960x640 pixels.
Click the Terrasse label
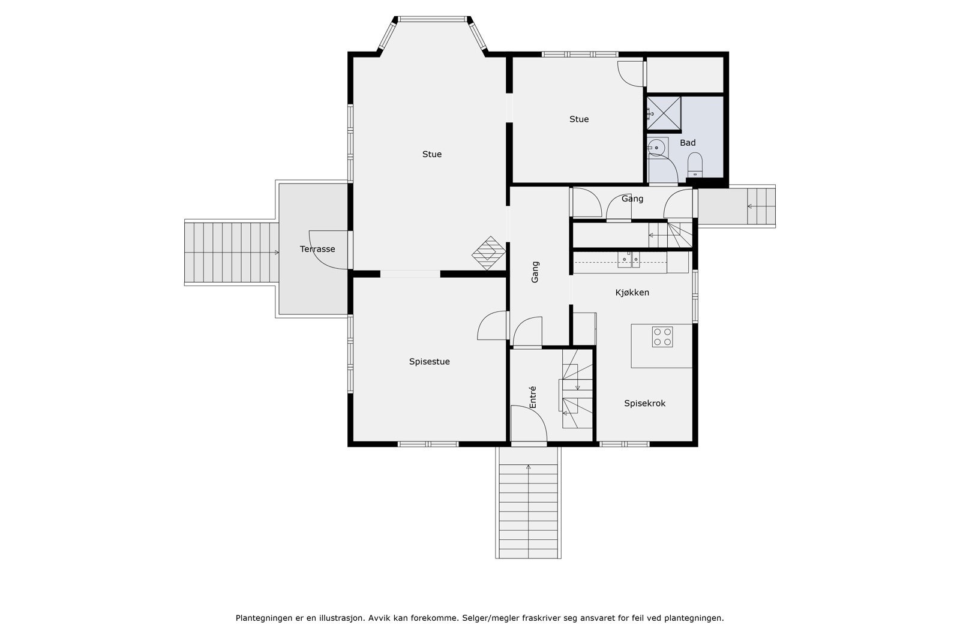click(x=317, y=249)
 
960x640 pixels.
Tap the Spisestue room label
click(x=430, y=362)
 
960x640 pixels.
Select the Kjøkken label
click(x=632, y=293)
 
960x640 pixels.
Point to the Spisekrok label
click(x=644, y=403)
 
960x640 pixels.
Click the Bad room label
click(x=688, y=143)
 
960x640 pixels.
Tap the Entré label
click(x=533, y=397)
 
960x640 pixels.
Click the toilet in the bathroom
click(x=695, y=164)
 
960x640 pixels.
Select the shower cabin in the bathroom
click(x=664, y=113)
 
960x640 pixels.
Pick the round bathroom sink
click(x=656, y=148)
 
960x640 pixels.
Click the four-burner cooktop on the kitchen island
click(x=662, y=336)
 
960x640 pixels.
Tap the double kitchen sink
click(x=629, y=260)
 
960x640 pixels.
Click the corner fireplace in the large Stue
click(x=488, y=253)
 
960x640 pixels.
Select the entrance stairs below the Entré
click(x=529, y=503)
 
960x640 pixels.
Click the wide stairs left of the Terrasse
click(x=232, y=253)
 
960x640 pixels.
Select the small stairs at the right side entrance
click(x=761, y=206)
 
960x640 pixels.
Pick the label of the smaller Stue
click(x=579, y=119)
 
